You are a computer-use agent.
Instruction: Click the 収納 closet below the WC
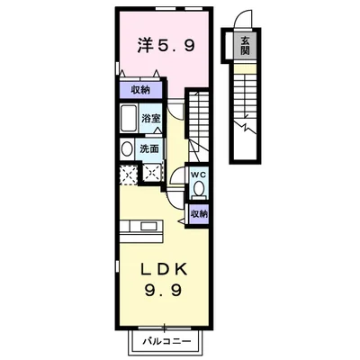199,213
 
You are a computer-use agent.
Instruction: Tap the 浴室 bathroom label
149,118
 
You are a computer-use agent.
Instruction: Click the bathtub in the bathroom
127,119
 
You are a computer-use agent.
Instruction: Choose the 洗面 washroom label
149,148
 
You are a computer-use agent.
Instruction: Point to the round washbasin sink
126,148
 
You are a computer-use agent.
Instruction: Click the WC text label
199,174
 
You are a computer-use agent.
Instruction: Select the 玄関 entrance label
244,42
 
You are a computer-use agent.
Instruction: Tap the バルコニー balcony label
163,342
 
